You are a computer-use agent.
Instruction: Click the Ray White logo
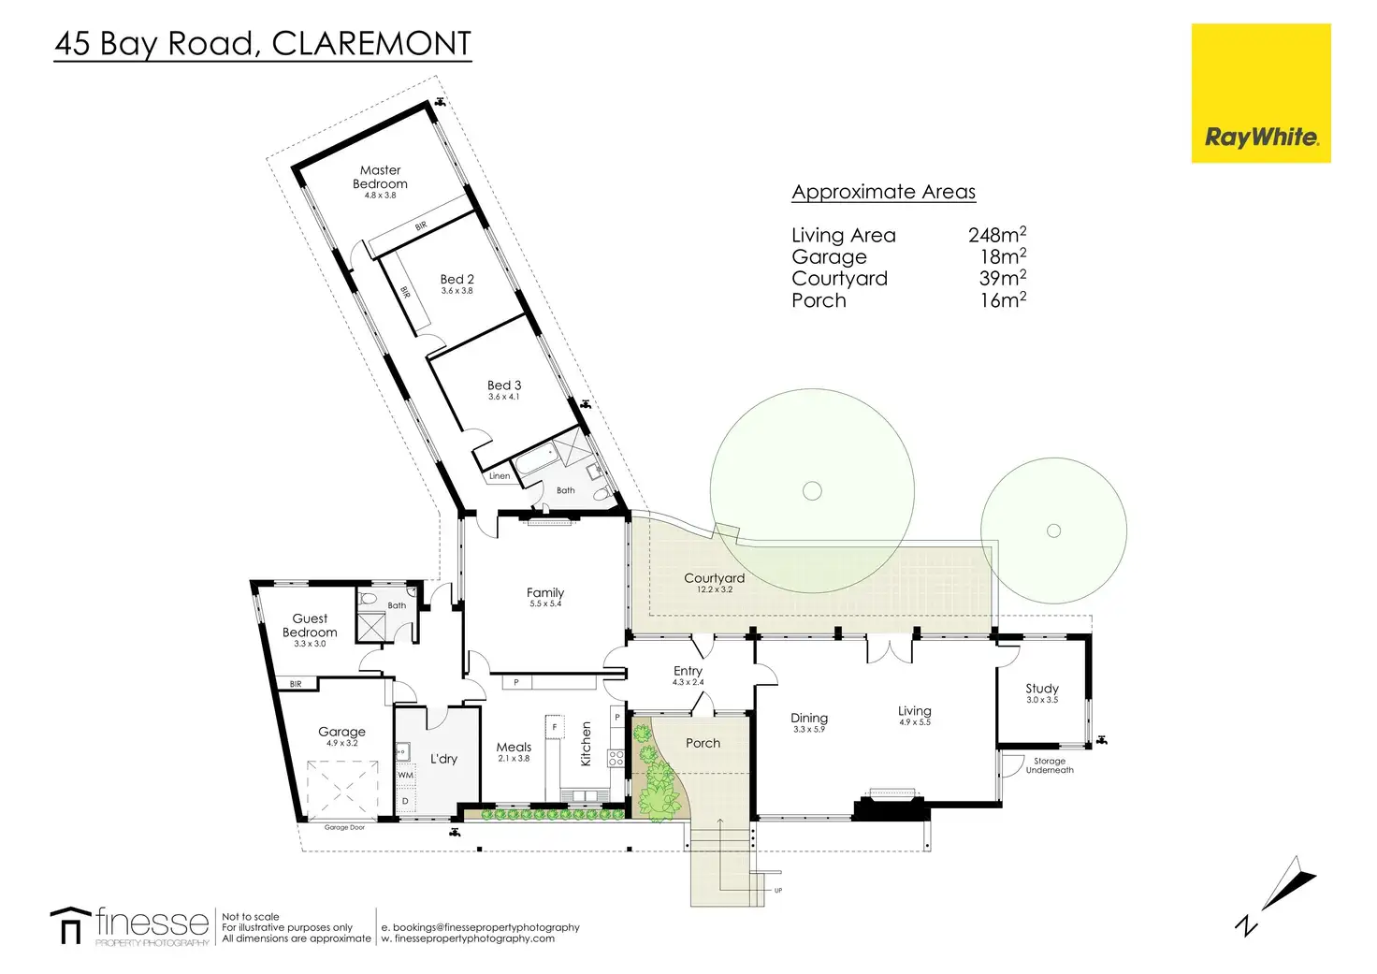point(1261,94)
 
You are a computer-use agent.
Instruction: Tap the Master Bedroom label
point(380,177)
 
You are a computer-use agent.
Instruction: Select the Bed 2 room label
point(457,279)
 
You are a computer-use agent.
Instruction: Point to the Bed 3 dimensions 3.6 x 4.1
point(504,398)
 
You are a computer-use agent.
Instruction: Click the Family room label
point(545,593)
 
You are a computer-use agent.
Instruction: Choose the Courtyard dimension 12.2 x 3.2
point(715,589)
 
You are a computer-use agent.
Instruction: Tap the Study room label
point(1042,689)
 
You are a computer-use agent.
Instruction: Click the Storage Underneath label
point(1050,765)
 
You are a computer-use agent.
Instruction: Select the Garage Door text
point(344,828)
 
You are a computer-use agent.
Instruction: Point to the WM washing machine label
point(405,776)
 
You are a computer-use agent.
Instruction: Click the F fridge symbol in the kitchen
point(555,727)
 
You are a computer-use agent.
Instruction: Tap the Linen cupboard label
point(500,476)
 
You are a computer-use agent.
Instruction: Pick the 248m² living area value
point(997,234)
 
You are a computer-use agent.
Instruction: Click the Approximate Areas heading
point(883,192)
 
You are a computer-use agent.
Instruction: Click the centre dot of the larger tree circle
point(812,490)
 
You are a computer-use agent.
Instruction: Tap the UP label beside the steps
point(778,891)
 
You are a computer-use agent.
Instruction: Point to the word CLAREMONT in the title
point(371,43)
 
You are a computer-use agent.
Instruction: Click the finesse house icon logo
point(70,924)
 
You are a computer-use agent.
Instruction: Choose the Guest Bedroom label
point(310,625)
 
